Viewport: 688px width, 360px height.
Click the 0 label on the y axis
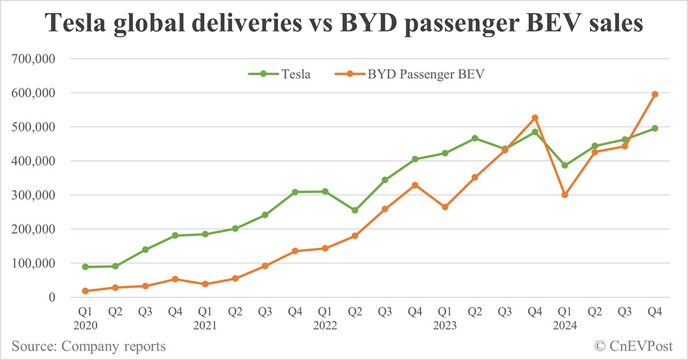pos(52,298)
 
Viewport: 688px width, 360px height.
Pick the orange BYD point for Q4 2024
pos(655,95)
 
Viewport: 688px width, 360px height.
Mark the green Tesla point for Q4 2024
pos(655,128)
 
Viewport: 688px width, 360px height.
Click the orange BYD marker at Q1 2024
pos(565,195)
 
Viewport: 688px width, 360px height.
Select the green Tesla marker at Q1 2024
pos(565,165)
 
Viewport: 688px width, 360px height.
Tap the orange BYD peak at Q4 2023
pos(535,118)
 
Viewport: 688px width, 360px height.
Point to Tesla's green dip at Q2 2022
pos(355,210)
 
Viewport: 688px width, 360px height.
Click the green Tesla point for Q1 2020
pos(85,267)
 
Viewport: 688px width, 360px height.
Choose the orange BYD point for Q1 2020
pos(85,291)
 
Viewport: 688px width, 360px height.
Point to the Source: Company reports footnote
pos(88,346)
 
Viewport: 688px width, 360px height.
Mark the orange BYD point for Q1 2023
pos(445,207)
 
